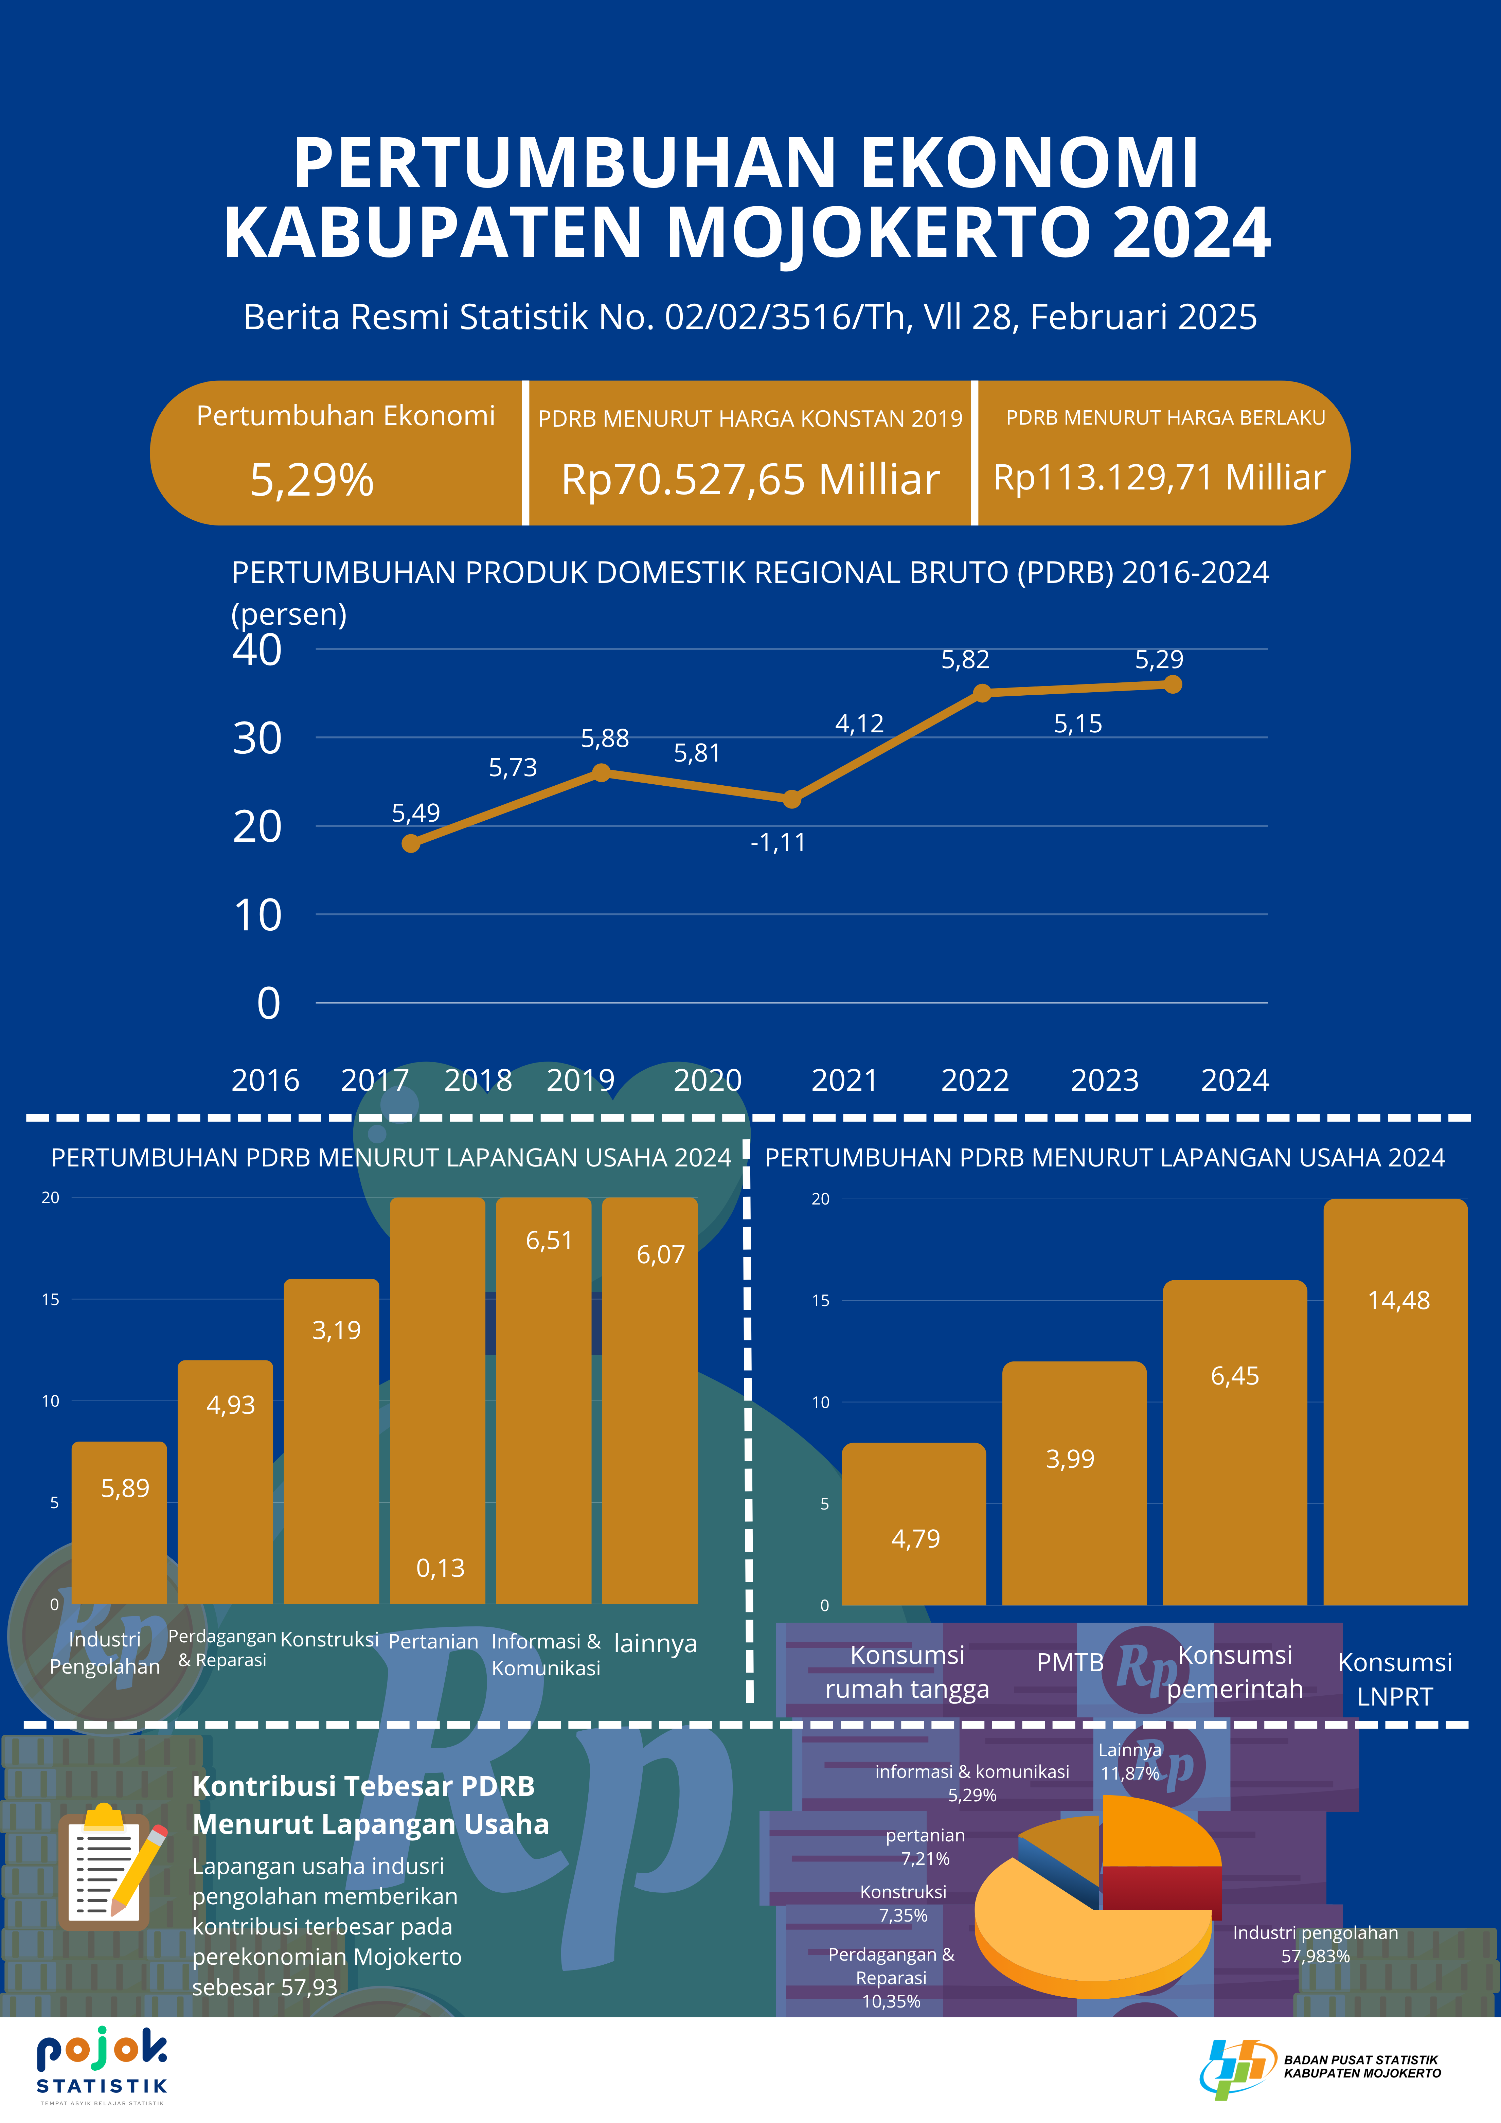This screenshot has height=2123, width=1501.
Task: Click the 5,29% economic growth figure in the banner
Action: point(312,480)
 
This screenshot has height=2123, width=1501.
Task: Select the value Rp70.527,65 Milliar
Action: point(750,480)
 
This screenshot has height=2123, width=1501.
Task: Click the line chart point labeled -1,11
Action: point(792,799)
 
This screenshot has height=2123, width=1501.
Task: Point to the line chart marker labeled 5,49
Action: point(412,843)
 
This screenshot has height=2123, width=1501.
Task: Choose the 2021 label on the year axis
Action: point(843,1080)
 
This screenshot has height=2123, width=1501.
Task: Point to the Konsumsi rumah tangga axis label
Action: point(907,1672)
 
